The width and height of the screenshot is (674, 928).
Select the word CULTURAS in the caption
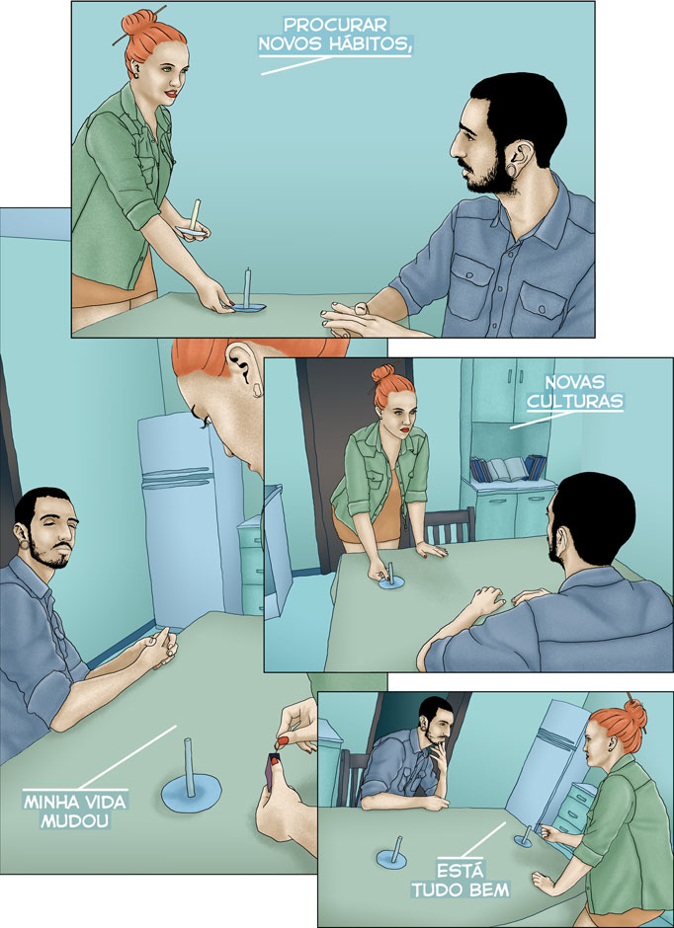click(x=574, y=402)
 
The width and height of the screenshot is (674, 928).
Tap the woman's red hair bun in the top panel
click(x=139, y=23)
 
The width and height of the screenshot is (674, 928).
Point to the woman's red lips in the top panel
click(x=171, y=94)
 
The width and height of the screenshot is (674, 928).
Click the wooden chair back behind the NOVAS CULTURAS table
click(x=450, y=525)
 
